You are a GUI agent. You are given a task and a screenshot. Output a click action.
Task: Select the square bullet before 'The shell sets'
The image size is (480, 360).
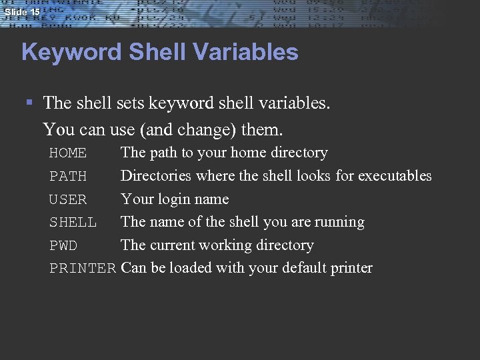click(x=29, y=103)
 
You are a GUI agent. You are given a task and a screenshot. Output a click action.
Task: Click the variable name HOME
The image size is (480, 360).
click(x=68, y=153)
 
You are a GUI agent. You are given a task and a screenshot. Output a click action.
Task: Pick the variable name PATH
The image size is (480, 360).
click(x=68, y=177)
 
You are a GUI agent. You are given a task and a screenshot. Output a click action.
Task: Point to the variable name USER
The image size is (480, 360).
click(x=68, y=199)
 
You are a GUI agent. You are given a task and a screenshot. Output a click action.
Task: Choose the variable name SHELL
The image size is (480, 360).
click(x=73, y=223)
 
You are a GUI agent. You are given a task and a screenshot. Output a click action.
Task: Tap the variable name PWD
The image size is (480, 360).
click(x=63, y=246)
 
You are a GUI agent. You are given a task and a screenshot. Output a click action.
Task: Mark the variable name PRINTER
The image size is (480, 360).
click(x=83, y=269)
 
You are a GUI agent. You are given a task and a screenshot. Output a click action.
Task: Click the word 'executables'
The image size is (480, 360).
click(x=395, y=176)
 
